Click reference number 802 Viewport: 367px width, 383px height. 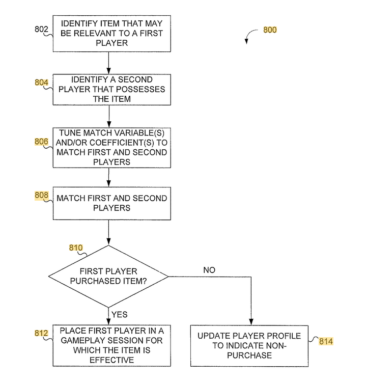(41, 30)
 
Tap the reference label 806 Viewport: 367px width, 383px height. (41, 142)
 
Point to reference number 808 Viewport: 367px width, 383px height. (41, 195)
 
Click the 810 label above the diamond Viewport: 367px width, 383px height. (75, 248)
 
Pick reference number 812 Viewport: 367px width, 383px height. (41, 333)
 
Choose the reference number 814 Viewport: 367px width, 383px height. (326, 341)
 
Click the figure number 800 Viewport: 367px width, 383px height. (270, 30)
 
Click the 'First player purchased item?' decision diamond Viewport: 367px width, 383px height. (108, 277)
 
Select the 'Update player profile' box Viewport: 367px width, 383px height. (249, 345)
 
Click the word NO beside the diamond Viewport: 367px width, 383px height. (209, 269)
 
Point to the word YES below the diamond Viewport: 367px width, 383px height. (119, 314)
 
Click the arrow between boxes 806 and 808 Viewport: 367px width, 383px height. (108, 177)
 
